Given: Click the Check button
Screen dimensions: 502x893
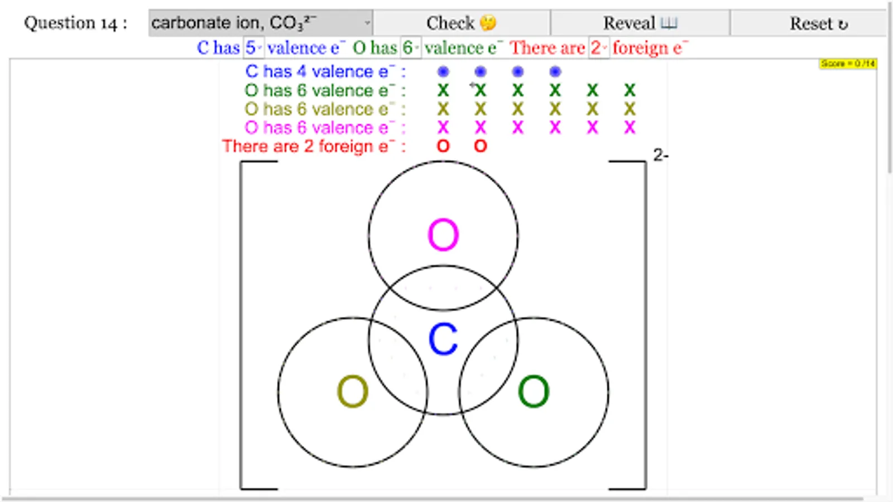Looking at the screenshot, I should point(461,23).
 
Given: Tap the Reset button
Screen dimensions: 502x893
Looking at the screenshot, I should point(818,23).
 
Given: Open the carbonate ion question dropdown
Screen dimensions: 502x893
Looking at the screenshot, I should point(260,23).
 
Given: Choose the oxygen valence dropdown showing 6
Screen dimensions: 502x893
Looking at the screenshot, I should point(411,48).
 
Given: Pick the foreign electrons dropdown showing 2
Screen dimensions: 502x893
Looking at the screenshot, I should point(599,48).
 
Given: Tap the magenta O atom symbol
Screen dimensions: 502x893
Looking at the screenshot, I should point(443,235).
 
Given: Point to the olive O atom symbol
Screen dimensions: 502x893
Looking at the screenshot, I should point(353,391).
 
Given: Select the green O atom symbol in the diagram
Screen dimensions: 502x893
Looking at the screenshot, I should point(534,391).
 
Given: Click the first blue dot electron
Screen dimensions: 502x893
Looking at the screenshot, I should point(443,71).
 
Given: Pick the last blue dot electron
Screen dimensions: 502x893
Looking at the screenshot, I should point(555,71).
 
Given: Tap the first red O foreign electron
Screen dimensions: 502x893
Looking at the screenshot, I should point(443,146).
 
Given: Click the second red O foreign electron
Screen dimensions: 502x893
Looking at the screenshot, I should point(481,146).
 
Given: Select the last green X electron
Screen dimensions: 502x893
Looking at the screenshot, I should point(630,90).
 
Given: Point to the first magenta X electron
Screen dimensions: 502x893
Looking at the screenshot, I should point(443,128).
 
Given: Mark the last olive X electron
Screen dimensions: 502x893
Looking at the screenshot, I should point(630,109).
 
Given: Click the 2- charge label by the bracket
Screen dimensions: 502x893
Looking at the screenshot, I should point(661,155).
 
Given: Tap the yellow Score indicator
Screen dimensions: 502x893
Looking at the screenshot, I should point(848,64).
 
